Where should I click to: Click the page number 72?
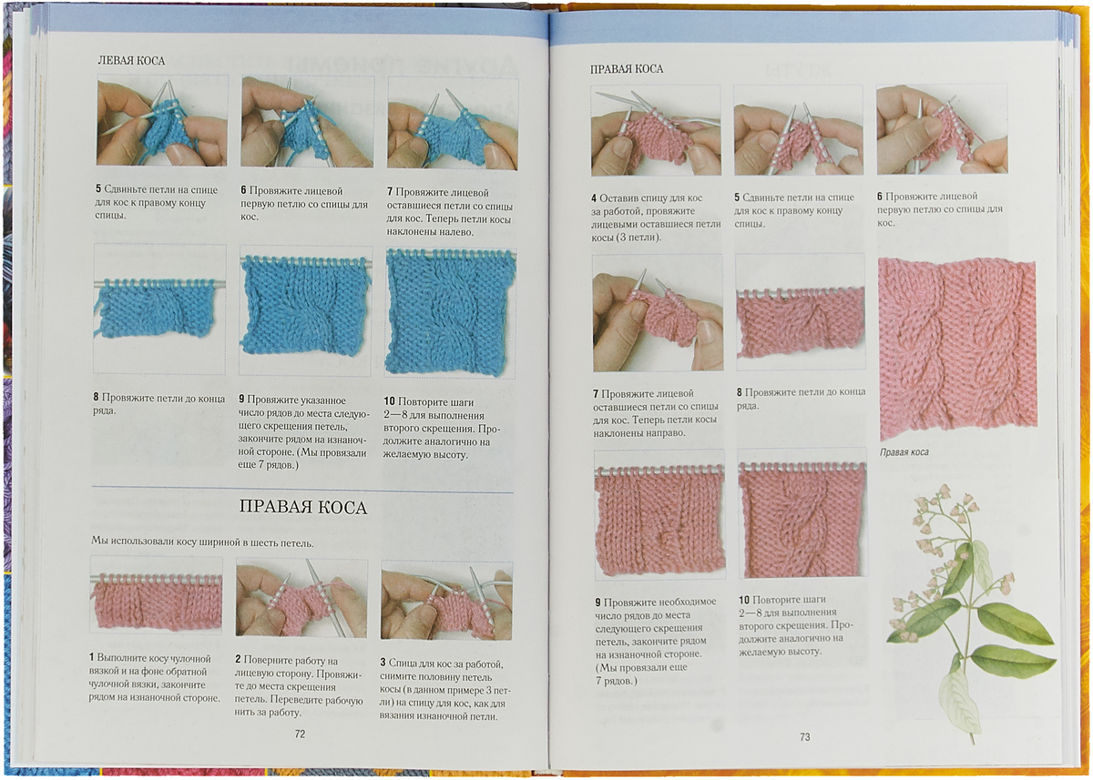[300, 734]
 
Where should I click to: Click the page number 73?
[805, 737]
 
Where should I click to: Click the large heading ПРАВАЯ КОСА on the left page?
[303, 508]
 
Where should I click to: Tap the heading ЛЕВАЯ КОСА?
[131, 61]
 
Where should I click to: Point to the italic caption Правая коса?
[904, 452]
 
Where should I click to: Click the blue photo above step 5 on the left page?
[162, 121]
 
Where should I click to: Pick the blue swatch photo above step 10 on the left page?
[451, 313]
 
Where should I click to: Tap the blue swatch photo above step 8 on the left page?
[159, 309]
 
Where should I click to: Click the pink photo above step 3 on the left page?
[446, 601]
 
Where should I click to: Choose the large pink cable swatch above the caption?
[957, 349]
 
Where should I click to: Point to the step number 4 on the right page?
[594, 198]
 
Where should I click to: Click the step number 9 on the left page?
[241, 399]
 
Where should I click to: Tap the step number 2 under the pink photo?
[238, 659]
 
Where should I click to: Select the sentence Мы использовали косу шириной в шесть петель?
[202, 542]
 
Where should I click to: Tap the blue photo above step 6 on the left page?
[308, 122]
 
